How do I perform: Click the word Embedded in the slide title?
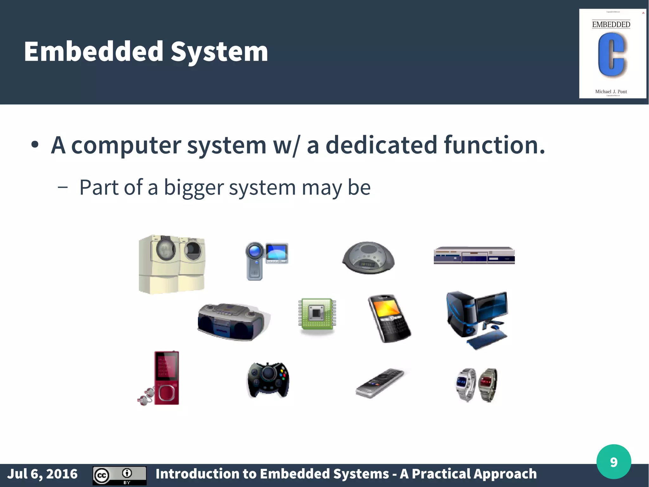93,51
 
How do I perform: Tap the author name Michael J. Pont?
611,91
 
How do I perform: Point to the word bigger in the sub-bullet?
194,187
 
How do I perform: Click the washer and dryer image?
172,264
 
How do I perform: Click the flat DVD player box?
474,255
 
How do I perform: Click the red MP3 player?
166,378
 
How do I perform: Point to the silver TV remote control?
380,383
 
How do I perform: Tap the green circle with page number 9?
614,462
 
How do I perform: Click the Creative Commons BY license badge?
119,475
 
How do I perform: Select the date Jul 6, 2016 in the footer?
42,474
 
